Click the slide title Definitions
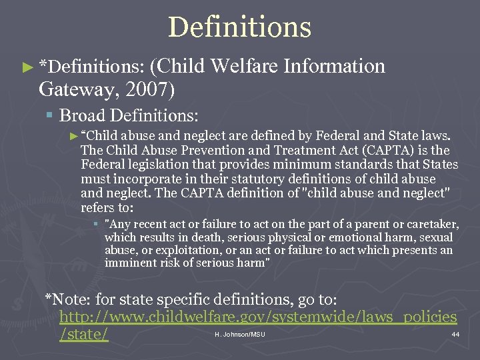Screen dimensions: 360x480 (x=240, y=27)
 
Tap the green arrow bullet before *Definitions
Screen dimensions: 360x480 (x=27, y=67)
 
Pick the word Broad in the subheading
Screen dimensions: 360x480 (x=82, y=115)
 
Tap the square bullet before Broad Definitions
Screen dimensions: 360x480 (x=51, y=116)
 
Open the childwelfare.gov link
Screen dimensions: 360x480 (x=258, y=317)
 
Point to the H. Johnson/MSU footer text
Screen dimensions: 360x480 (x=240, y=334)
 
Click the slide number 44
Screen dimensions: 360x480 (x=455, y=334)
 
